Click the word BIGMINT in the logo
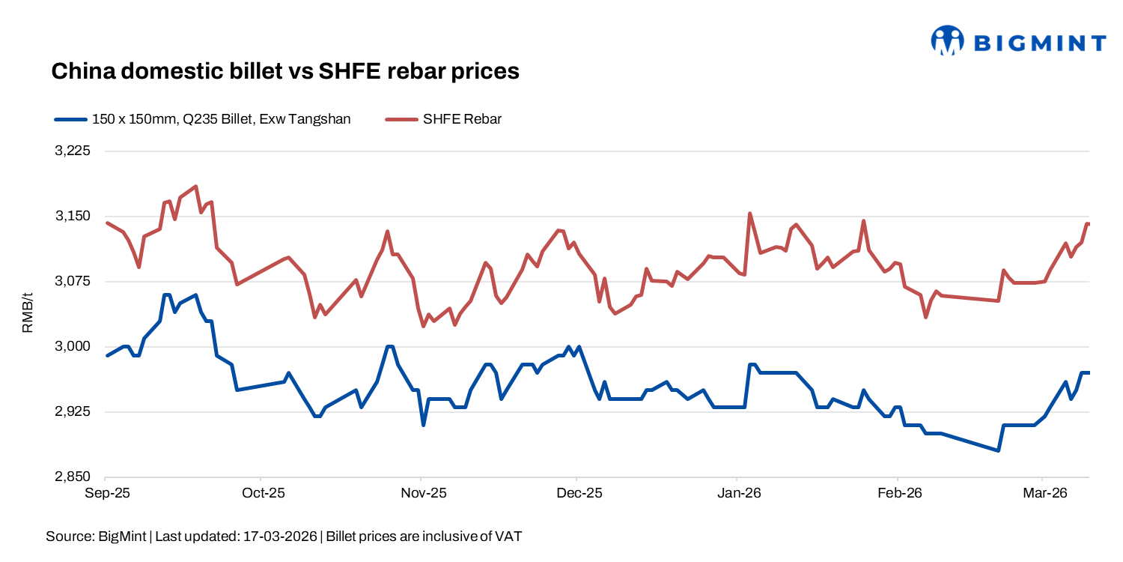click(x=1039, y=43)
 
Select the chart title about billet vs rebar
click(x=284, y=71)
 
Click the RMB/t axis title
click(x=28, y=314)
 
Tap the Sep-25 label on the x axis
click(x=106, y=493)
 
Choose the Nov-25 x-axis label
click(x=423, y=493)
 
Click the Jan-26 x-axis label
click(x=739, y=493)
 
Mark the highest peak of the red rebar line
click(x=195, y=186)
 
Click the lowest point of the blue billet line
click(x=998, y=450)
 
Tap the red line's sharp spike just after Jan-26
click(x=749, y=214)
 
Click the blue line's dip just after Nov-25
click(x=423, y=425)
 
